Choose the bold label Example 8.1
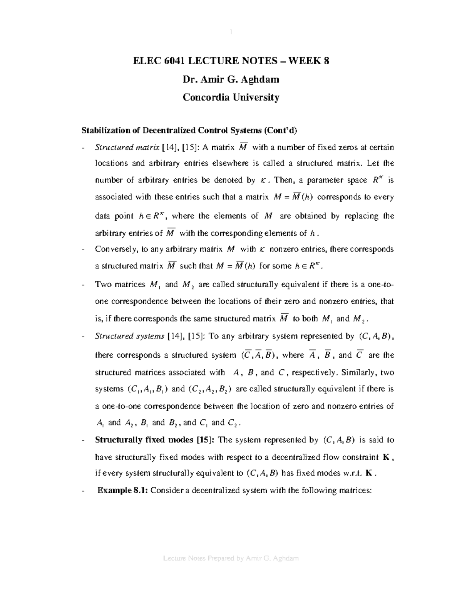(122, 491)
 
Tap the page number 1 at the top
(231, 32)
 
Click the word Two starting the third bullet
(102, 285)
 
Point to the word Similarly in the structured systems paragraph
(359, 372)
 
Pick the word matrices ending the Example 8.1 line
(355, 491)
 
